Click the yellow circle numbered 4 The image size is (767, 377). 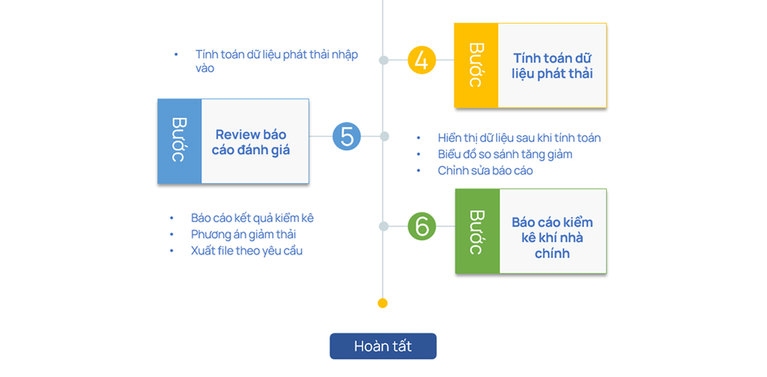click(x=422, y=60)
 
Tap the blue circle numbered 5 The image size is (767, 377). click(x=347, y=136)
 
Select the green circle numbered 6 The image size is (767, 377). click(x=422, y=226)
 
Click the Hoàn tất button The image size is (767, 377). click(x=383, y=346)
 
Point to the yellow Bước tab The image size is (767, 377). click(x=476, y=65)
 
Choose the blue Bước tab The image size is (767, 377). click(x=179, y=141)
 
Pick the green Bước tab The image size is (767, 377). click(x=477, y=231)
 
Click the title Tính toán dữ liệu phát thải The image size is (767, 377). click(x=552, y=66)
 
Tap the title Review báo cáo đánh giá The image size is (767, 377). click(x=250, y=142)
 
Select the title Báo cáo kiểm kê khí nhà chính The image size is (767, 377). click(x=552, y=237)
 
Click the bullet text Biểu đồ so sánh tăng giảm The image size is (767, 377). click(x=505, y=154)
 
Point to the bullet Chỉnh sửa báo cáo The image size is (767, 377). click(x=485, y=170)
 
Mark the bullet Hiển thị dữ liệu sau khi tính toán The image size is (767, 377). click(x=519, y=138)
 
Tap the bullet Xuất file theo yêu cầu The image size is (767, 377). click(x=246, y=250)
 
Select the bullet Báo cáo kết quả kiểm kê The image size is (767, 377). click(x=252, y=218)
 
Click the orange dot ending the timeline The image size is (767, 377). click(x=383, y=303)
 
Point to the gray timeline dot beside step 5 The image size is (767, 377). click(x=385, y=136)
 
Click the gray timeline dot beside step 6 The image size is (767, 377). click(x=384, y=226)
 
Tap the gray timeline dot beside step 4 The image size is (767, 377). click(x=384, y=60)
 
